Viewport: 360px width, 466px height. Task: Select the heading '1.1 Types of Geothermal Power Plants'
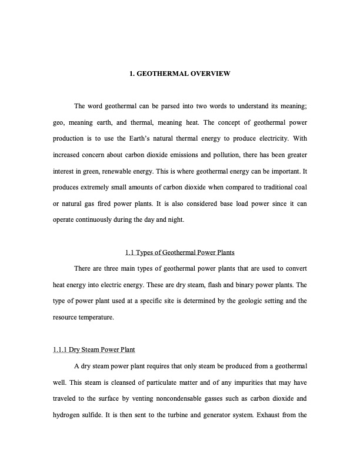[x=180, y=253]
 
